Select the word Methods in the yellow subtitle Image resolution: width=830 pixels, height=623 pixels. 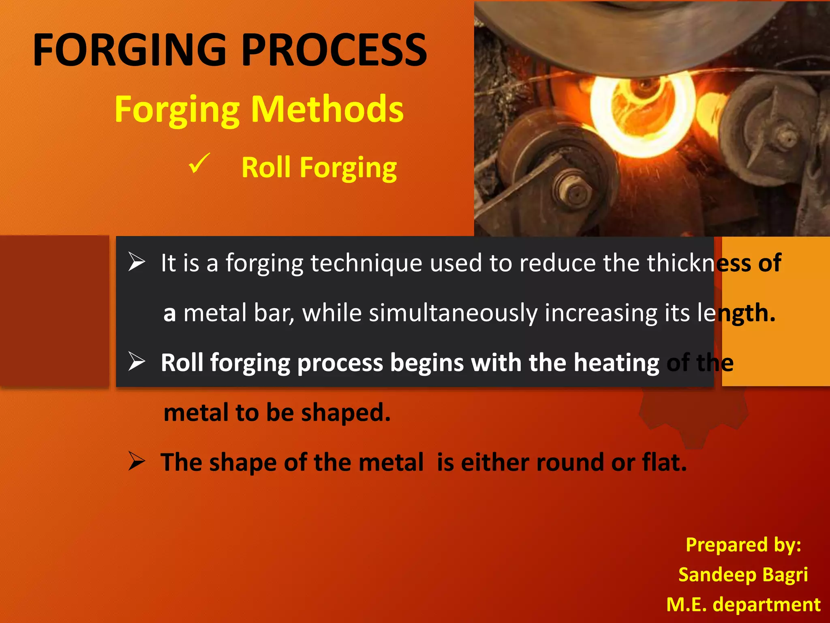click(x=327, y=110)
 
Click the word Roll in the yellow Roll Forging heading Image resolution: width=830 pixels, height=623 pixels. click(x=266, y=168)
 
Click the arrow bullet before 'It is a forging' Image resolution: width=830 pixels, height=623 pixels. click(x=137, y=262)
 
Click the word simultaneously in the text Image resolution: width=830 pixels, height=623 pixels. click(x=452, y=313)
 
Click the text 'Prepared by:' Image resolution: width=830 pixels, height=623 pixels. click(x=743, y=545)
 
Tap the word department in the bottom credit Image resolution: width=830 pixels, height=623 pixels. click(x=766, y=604)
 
